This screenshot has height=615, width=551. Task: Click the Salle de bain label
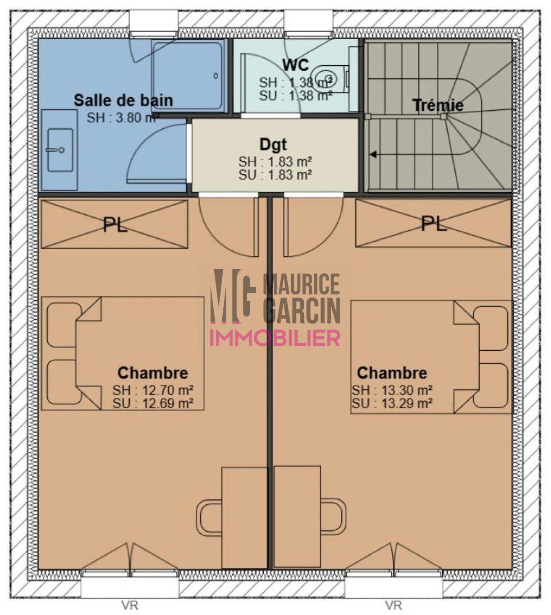(123, 100)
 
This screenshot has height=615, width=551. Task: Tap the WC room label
(295, 65)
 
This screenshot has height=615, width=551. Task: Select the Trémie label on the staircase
(438, 105)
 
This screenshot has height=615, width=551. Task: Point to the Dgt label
(273, 145)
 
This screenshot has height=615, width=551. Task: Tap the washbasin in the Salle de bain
(60, 150)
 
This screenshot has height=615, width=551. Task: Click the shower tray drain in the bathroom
(216, 76)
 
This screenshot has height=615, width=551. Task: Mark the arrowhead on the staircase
(373, 154)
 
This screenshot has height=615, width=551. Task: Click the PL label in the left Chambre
(115, 225)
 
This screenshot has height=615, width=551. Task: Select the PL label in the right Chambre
(434, 224)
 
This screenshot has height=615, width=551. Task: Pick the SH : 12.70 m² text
(153, 390)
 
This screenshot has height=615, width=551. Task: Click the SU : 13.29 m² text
(392, 403)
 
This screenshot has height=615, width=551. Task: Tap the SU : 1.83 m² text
(275, 175)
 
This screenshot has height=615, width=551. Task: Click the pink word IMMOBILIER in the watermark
(275, 338)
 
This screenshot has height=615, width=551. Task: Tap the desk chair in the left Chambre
(209, 518)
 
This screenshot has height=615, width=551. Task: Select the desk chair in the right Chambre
(333, 516)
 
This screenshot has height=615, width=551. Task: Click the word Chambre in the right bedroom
(392, 373)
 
